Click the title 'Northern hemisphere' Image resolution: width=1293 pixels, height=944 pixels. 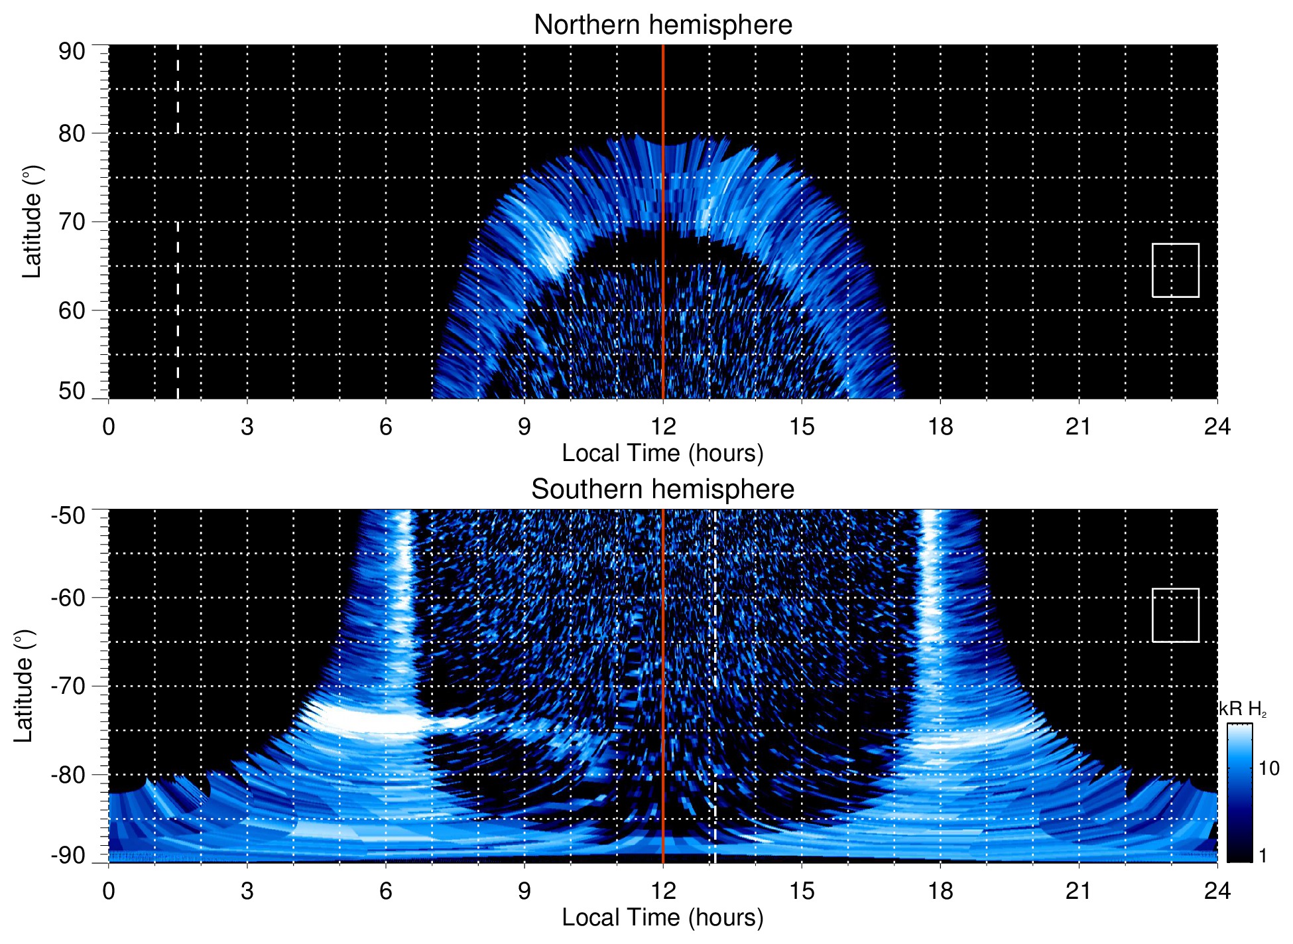click(x=662, y=25)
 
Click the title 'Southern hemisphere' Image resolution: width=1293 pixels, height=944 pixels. click(x=662, y=490)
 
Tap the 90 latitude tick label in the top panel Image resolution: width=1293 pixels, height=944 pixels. click(x=72, y=52)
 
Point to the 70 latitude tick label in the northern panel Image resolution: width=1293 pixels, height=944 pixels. click(x=72, y=222)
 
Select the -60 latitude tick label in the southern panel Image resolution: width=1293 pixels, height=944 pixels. click(x=68, y=598)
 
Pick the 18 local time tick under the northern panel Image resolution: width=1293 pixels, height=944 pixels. click(x=940, y=427)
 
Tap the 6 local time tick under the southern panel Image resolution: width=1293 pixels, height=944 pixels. click(x=385, y=891)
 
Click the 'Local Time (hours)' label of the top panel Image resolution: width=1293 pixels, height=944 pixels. click(x=662, y=453)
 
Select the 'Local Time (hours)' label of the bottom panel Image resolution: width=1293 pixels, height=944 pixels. click(x=662, y=917)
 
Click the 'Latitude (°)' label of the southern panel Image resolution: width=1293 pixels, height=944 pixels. click(x=24, y=686)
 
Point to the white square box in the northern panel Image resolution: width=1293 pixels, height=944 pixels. click(x=1175, y=270)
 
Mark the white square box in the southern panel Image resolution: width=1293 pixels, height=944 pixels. click(x=1175, y=615)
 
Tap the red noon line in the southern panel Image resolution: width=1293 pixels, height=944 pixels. click(x=663, y=663)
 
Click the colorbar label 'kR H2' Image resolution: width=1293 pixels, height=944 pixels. click(x=1243, y=710)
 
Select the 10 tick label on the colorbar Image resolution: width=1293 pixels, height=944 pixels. click(x=1268, y=768)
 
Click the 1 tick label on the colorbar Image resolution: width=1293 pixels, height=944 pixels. click(x=1262, y=856)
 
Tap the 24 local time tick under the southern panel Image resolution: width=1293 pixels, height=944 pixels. click(x=1217, y=891)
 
